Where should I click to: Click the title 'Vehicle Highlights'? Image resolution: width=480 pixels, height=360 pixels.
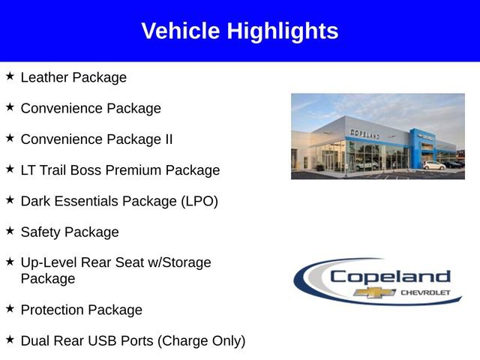(x=239, y=31)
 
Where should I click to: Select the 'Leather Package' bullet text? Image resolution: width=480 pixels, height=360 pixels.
(x=73, y=77)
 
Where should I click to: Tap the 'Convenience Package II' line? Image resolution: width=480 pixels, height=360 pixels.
(x=97, y=139)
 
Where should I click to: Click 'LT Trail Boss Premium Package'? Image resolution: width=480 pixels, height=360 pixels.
(x=120, y=170)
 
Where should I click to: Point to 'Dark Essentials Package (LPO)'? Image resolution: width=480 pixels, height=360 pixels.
(x=119, y=201)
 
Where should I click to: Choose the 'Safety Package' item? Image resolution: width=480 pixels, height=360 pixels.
(x=70, y=232)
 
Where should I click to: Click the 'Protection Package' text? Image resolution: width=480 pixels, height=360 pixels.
(x=81, y=310)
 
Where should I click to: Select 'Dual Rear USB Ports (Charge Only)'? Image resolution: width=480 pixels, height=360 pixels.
(x=133, y=340)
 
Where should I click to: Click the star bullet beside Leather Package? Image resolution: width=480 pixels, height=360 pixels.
(x=10, y=76)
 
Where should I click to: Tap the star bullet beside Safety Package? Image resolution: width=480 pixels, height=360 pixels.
(x=10, y=230)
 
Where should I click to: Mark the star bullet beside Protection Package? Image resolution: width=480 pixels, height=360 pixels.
(x=10, y=308)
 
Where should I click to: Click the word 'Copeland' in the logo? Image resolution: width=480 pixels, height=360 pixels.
(x=390, y=277)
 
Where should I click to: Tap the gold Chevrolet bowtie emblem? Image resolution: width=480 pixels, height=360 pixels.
(x=370, y=292)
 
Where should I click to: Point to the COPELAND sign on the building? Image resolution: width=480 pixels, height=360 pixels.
(x=364, y=133)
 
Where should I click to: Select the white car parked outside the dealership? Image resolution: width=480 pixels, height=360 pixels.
(x=433, y=165)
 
